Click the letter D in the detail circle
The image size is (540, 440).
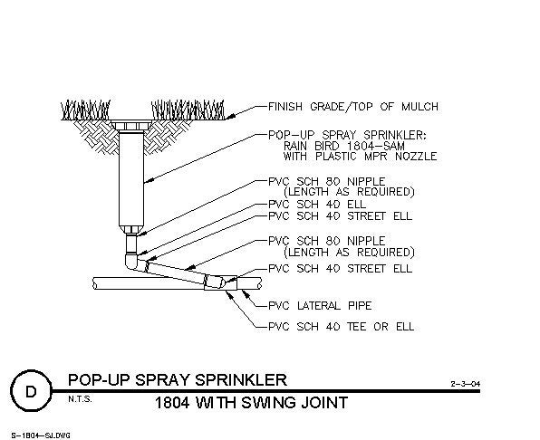[31, 392]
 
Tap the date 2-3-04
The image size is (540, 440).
[466, 384]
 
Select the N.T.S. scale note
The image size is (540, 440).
[80, 399]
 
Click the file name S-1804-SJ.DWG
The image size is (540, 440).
[41, 435]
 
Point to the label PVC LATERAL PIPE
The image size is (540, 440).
[320, 305]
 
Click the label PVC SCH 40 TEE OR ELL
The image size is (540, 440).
[341, 326]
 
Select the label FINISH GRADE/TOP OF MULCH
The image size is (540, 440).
[353, 107]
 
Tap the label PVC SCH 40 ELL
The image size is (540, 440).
[317, 205]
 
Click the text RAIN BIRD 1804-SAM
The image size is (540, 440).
[343, 146]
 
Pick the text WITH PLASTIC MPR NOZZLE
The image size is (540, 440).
[360, 157]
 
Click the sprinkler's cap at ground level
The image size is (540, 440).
[131, 125]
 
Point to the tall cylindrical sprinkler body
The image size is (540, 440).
[131, 179]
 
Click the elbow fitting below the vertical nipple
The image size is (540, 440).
[133, 262]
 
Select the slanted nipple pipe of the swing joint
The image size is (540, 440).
[177, 273]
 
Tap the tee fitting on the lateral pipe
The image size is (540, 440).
[220, 282]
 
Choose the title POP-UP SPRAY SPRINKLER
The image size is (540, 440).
[178, 380]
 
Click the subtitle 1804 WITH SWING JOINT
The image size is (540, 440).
[251, 403]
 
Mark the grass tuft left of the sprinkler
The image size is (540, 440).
[86, 110]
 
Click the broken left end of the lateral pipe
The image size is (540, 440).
[95, 283]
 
